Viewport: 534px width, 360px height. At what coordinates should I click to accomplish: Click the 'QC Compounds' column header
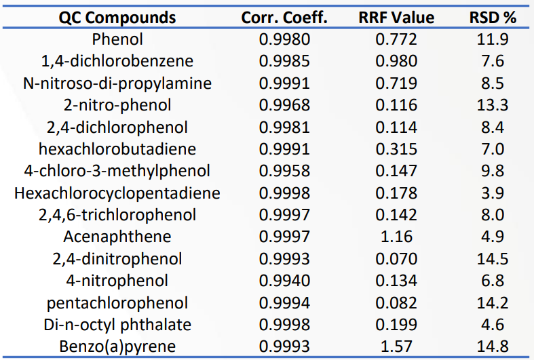(x=117, y=18)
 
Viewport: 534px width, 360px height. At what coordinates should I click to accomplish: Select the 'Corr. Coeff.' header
(x=284, y=18)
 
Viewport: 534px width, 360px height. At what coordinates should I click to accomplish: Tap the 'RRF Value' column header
(x=396, y=18)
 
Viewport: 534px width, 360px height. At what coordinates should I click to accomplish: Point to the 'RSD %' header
(x=493, y=18)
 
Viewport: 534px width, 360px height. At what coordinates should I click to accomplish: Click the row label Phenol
(x=117, y=39)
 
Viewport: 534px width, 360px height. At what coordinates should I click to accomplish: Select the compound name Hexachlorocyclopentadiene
(x=117, y=193)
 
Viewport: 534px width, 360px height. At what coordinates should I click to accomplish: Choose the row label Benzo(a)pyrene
(x=117, y=346)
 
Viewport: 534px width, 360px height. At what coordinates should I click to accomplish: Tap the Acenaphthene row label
(x=117, y=237)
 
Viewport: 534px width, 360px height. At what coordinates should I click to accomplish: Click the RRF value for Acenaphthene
(x=396, y=237)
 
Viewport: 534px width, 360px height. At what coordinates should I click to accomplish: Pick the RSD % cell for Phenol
(x=493, y=39)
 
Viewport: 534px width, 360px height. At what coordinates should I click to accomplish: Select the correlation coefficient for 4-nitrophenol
(x=284, y=281)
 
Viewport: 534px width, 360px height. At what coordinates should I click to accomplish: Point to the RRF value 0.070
(x=396, y=258)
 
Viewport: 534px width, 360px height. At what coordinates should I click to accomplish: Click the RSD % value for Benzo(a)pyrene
(x=493, y=346)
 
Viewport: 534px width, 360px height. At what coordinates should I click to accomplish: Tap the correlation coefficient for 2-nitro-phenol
(x=284, y=105)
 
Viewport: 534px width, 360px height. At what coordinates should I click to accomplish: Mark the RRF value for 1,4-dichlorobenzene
(x=396, y=61)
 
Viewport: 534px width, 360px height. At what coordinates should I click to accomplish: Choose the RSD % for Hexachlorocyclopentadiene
(x=493, y=193)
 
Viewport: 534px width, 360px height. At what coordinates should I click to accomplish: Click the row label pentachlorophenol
(x=117, y=303)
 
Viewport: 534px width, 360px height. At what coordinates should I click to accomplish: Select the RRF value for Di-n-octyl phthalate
(x=396, y=325)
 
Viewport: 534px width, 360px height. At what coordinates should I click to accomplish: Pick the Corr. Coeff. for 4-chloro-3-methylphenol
(x=284, y=171)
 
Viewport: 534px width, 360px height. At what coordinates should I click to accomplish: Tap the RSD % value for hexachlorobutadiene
(x=493, y=149)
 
